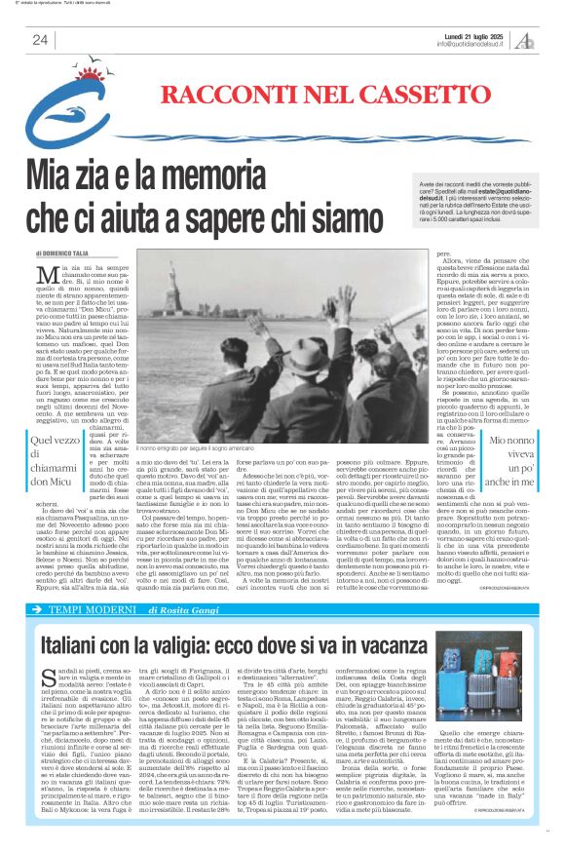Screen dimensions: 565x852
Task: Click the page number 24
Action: tap(41, 39)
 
